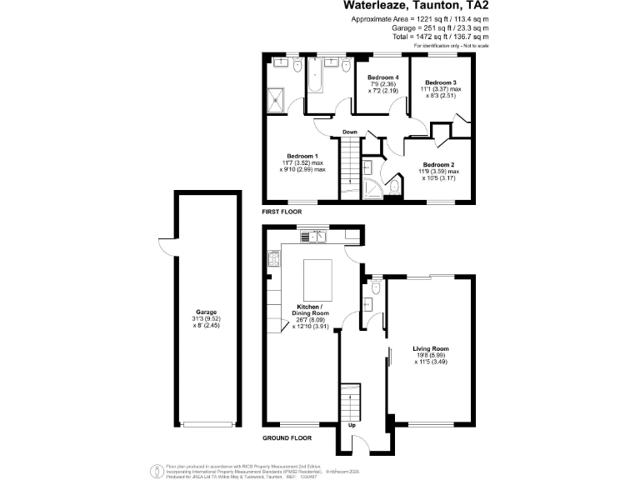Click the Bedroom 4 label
coord(384,77)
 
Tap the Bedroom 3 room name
coord(441,82)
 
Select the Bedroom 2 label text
coord(440,164)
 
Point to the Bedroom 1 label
coord(302,156)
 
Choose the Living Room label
coord(431,348)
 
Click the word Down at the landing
coord(350,132)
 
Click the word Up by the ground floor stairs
coord(351,425)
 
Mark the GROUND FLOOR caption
coord(287,437)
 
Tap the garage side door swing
coord(165,248)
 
